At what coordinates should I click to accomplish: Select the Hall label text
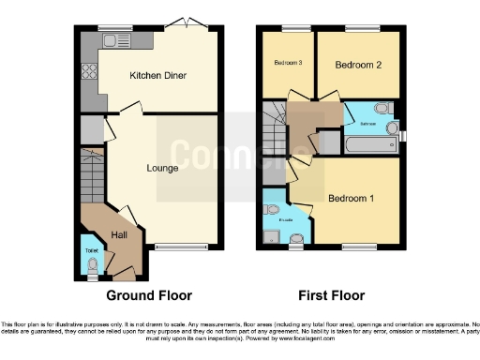coord(121,235)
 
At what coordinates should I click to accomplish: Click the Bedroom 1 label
coord(351,198)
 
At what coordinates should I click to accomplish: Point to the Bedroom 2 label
coord(358,65)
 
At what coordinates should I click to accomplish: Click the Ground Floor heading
coord(151,295)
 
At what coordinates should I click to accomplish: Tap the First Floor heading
coord(331,295)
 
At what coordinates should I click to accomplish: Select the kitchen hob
coord(90,72)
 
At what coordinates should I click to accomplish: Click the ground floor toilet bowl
coord(91,265)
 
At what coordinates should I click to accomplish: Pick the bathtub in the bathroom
coord(370,145)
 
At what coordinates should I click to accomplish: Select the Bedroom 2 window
coord(358,26)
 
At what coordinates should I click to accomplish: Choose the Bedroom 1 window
coord(357,248)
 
